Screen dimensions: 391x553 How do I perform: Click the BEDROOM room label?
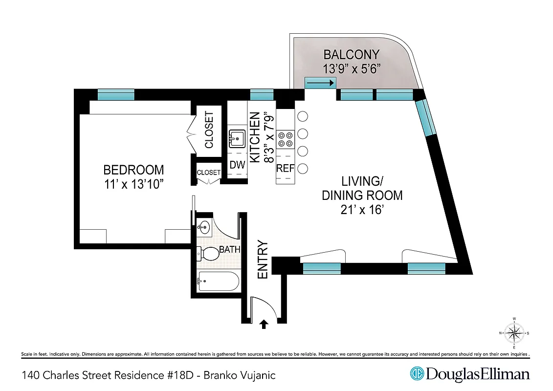(133, 170)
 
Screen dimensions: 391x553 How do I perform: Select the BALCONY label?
(351, 54)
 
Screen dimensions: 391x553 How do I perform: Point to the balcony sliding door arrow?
(320, 84)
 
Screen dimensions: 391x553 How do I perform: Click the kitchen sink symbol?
(237, 139)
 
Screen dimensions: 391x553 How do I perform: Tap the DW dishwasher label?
(237, 165)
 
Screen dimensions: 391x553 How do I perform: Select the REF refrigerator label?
(286, 169)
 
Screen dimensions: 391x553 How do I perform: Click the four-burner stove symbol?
(286, 139)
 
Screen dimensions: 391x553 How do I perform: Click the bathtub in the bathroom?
(218, 282)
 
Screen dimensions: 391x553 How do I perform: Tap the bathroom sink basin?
(205, 227)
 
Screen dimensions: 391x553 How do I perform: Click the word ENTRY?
(263, 260)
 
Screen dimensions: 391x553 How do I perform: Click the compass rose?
(514, 334)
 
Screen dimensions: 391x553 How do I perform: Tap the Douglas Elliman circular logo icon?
(417, 374)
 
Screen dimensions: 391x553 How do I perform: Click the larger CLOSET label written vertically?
(209, 130)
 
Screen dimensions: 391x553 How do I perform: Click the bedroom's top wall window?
(116, 94)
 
